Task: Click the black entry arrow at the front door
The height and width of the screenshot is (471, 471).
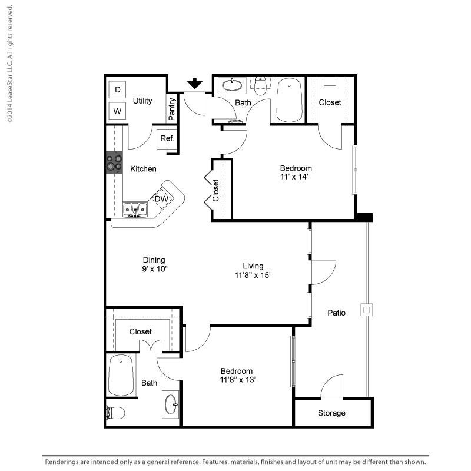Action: coord(194,84)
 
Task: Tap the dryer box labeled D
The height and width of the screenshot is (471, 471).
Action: coord(118,89)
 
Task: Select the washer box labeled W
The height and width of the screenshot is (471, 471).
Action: coord(118,111)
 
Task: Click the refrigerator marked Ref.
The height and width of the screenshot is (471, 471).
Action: coord(167,139)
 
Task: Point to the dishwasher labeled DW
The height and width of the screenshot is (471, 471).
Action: coord(162,200)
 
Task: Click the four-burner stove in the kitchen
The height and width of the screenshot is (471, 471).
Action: coord(114,162)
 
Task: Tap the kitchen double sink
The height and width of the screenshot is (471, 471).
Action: coord(134,209)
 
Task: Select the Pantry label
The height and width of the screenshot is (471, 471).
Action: coord(172,110)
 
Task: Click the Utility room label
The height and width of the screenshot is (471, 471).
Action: coord(142,101)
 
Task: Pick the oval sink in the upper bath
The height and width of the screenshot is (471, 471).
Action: coord(232,86)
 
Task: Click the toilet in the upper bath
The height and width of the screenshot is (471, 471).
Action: coord(260,87)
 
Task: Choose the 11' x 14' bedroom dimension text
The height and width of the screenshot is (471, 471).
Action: coord(296,176)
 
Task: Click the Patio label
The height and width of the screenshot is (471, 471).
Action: coord(336,312)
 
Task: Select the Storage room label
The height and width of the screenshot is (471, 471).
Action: coord(331,413)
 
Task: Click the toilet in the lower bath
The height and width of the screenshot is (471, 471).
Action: coord(115,413)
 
